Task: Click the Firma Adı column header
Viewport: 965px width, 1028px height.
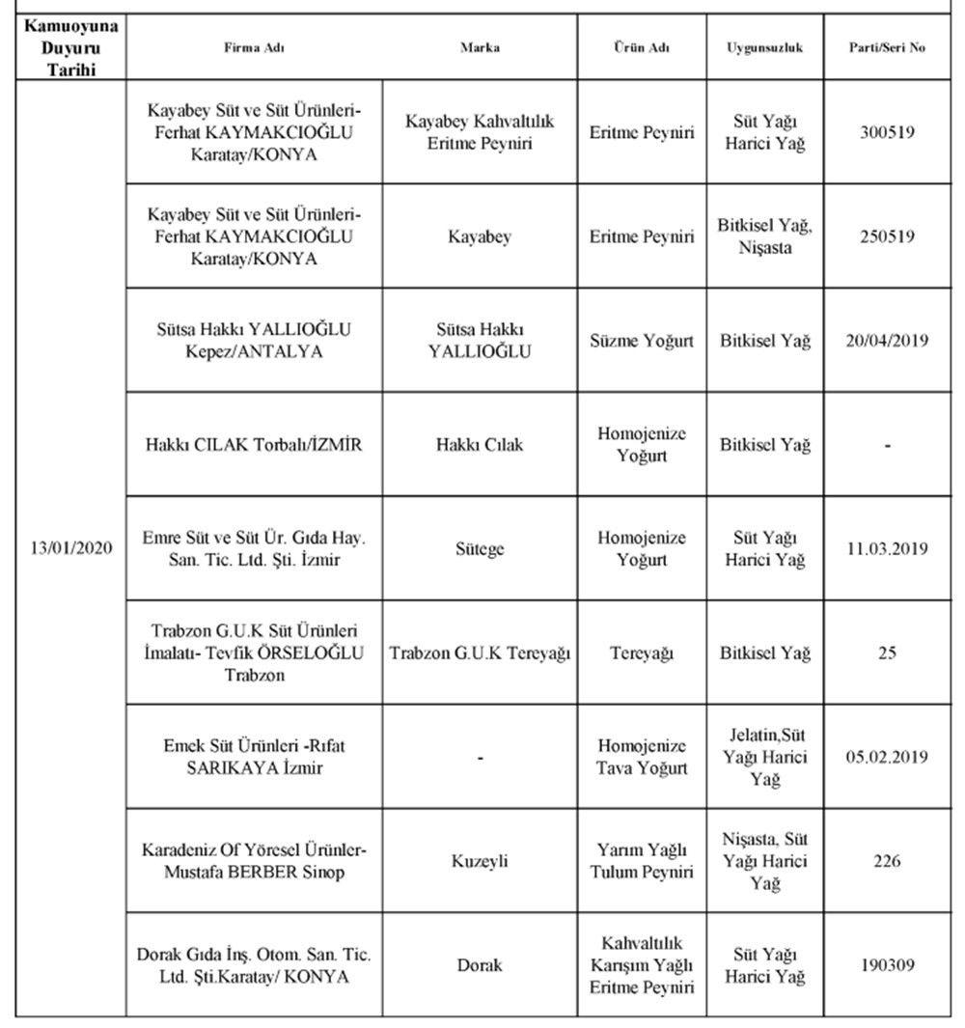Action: pyautogui.click(x=254, y=46)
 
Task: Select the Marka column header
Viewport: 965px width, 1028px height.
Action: pyautogui.click(x=480, y=46)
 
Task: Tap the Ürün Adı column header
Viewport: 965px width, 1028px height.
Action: pyautogui.click(x=642, y=46)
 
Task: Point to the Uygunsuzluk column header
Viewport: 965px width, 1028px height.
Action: pyautogui.click(x=765, y=46)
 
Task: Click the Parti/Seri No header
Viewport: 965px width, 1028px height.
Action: pyautogui.click(x=888, y=46)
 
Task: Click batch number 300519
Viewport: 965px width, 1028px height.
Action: pyautogui.click(x=888, y=132)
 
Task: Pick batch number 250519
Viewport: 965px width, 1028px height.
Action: pyautogui.click(x=888, y=236)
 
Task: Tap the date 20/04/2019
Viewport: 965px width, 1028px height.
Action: pyautogui.click(x=888, y=341)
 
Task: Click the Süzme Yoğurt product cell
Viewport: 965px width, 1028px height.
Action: pyautogui.click(x=642, y=341)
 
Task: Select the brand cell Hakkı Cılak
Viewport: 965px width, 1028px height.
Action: pyautogui.click(x=480, y=445)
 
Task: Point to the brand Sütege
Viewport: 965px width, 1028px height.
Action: pyautogui.click(x=480, y=549)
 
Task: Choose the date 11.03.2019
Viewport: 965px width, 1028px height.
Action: pyautogui.click(x=888, y=549)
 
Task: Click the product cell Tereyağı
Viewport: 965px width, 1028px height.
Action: pyautogui.click(x=642, y=653)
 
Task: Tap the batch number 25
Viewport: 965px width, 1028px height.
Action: pyautogui.click(x=888, y=653)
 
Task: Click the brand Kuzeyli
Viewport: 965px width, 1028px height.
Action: pyautogui.click(x=480, y=861)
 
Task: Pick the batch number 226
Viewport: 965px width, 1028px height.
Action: pyautogui.click(x=888, y=861)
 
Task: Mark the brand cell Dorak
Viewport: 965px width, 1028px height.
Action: pyautogui.click(x=480, y=964)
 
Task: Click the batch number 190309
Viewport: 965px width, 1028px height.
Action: pyautogui.click(x=888, y=964)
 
